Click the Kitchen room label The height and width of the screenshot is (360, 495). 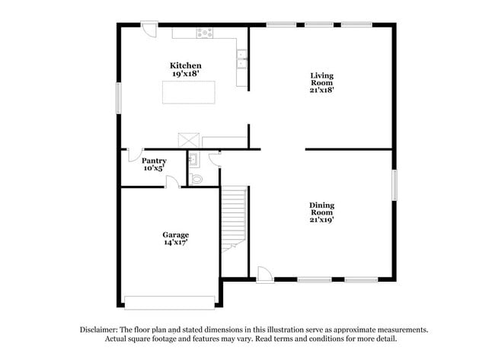pyautogui.click(x=185, y=65)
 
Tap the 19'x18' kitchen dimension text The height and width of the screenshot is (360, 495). pyautogui.click(x=185, y=74)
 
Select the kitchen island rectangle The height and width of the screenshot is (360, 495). pyautogui.click(x=188, y=91)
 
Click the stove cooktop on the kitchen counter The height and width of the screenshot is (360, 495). pyautogui.click(x=204, y=33)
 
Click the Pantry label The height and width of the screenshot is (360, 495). pyautogui.click(x=154, y=161)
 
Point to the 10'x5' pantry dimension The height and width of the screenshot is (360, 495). pyautogui.click(x=154, y=168)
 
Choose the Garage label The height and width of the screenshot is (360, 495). pyautogui.click(x=175, y=234)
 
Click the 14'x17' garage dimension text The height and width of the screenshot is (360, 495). pyautogui.click(x=175, y=243)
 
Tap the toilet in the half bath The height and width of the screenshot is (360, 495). pyautogui.click(x=196, y=179)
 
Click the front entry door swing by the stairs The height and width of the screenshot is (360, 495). pyautogui.click(x=264, y=274)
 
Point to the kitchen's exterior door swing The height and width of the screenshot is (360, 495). pyautogui.click(x=149, y=30)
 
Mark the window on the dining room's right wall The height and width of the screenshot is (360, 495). pyautogui.click(x=394, y=185)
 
